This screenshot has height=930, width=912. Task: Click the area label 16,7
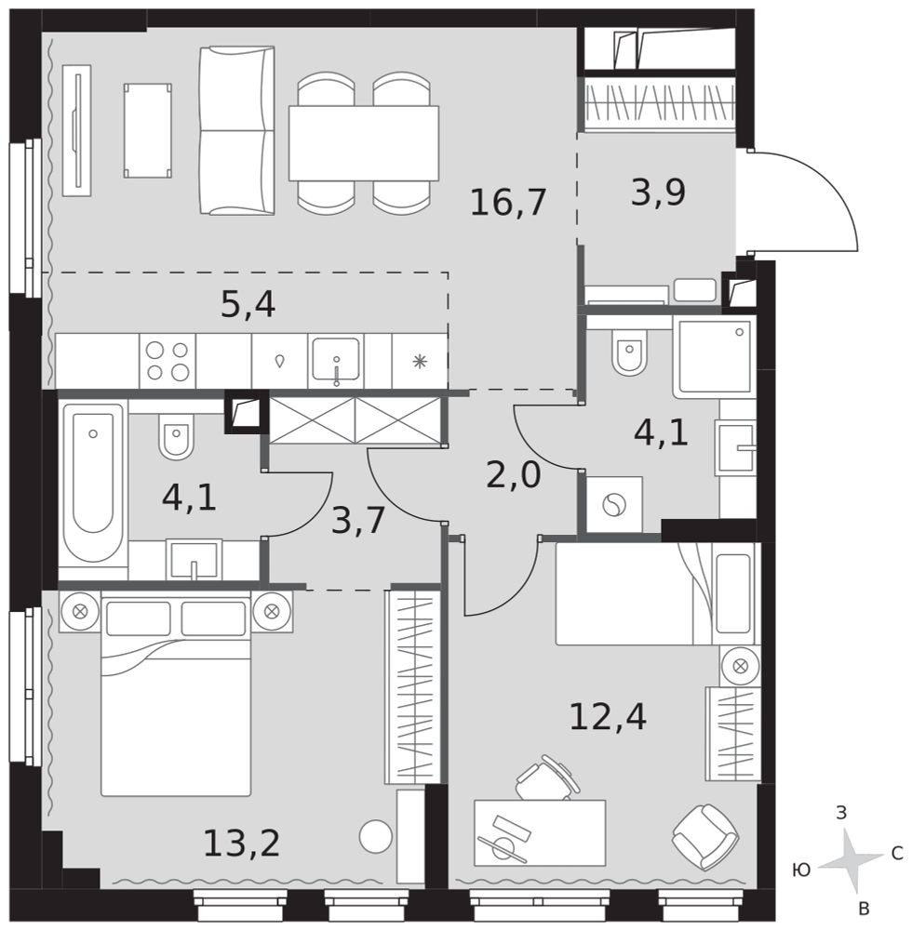coord(507,202)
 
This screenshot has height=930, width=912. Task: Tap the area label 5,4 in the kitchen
coord(248,305)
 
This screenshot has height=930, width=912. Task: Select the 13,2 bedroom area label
coord(242,843)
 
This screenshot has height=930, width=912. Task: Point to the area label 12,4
coord(608,716)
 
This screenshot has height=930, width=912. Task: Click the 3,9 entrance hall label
coord(658,193)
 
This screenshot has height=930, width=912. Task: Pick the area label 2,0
coord(514,475)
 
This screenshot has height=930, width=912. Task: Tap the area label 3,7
coord(358,520)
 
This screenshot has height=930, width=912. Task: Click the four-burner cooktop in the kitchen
coord(168,361)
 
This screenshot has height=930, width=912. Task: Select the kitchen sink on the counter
coord(336,361)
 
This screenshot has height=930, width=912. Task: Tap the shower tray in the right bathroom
coord(715,356)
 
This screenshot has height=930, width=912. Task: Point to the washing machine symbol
coord(614,505)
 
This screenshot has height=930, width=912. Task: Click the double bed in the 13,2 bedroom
coord(176,695)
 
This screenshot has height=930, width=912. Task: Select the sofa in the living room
coord(236,130)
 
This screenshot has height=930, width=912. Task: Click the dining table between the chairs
coord(364,143)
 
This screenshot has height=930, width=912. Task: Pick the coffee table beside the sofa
coord(148,130)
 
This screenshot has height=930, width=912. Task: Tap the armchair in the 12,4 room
coord(705,837)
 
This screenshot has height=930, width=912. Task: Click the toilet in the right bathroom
coord(629,352)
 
